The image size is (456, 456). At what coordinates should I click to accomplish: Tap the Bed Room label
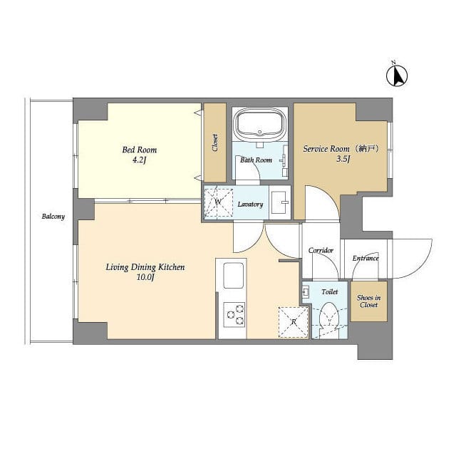(140, 150)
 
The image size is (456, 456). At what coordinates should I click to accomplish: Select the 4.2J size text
(140, 161)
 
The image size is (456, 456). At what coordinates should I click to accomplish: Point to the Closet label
(215, 142)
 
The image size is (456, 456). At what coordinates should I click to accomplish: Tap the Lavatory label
(251, 204)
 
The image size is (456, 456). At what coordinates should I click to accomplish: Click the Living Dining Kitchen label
(145, 267)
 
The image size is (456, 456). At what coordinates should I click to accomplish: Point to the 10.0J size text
(145, 278)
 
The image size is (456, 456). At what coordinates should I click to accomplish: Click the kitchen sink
(233, 275)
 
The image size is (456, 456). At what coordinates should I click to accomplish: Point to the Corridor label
(321, 251)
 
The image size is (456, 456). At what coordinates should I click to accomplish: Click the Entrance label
(366, 258)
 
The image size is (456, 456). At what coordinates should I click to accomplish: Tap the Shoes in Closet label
(368, 301)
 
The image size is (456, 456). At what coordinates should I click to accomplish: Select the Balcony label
(53, 217)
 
